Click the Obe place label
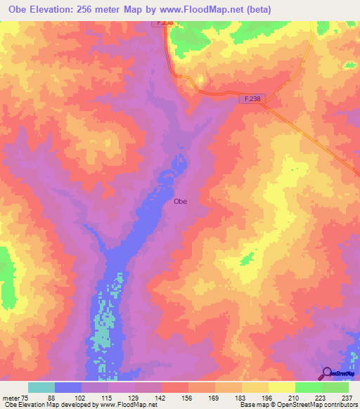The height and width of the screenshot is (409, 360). (180, 201)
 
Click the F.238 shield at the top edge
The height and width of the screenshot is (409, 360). (163, 22)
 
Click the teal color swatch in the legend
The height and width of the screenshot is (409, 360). (41, 387)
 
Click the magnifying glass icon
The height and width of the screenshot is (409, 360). (327, 373)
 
